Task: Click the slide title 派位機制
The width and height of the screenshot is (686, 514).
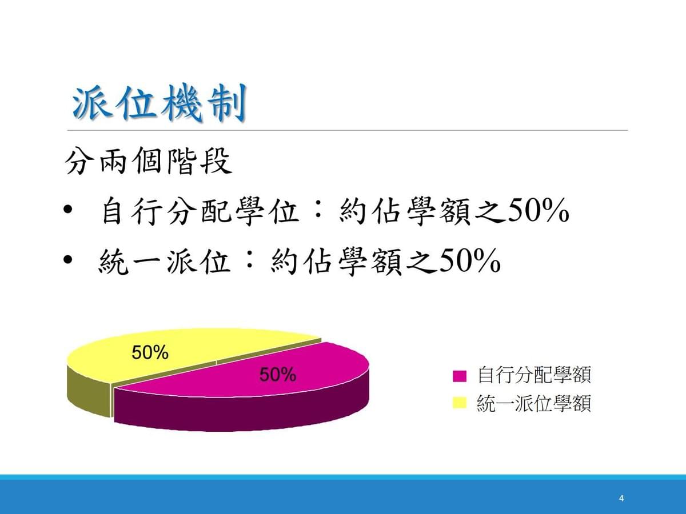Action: (x=159, y=103)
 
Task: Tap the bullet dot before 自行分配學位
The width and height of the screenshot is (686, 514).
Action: (x=67, y=210)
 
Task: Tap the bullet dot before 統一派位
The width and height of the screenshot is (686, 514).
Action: (x=67, y=260)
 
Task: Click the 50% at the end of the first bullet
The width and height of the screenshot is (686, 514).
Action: (x=537, y=211)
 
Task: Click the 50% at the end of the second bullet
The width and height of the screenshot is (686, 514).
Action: (x=469, y=261)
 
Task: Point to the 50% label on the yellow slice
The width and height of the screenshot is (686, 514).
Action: (x=150, y=352)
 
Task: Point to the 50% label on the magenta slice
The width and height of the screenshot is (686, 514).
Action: (x=277, y=375)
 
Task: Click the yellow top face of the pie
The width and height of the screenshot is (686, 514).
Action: (x=175, y=350)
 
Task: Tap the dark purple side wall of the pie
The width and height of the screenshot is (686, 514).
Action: (x=241, y=412)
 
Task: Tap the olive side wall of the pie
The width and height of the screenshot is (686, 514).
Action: (x=89, y=393)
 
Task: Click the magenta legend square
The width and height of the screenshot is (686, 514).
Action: (x=460, y=376)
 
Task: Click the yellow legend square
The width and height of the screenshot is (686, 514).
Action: (x=460, y=403)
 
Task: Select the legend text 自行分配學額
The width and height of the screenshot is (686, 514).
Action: (x=535, y=375)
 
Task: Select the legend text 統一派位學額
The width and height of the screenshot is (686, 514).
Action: (x=534, y=403)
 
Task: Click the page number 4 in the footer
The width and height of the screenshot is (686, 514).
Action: (x=621, y=499)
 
